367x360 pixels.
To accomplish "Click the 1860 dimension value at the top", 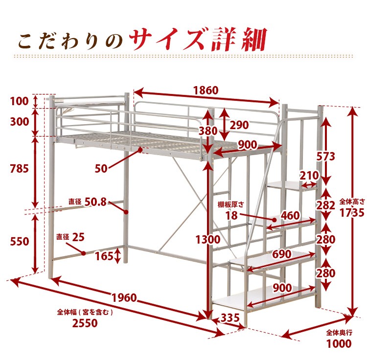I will point(205,90).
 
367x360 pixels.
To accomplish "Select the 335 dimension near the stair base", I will point(229,318).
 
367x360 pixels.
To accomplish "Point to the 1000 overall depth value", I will point(339,344).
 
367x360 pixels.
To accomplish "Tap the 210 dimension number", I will point(309,175).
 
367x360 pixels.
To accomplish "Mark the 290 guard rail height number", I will point(239,125).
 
